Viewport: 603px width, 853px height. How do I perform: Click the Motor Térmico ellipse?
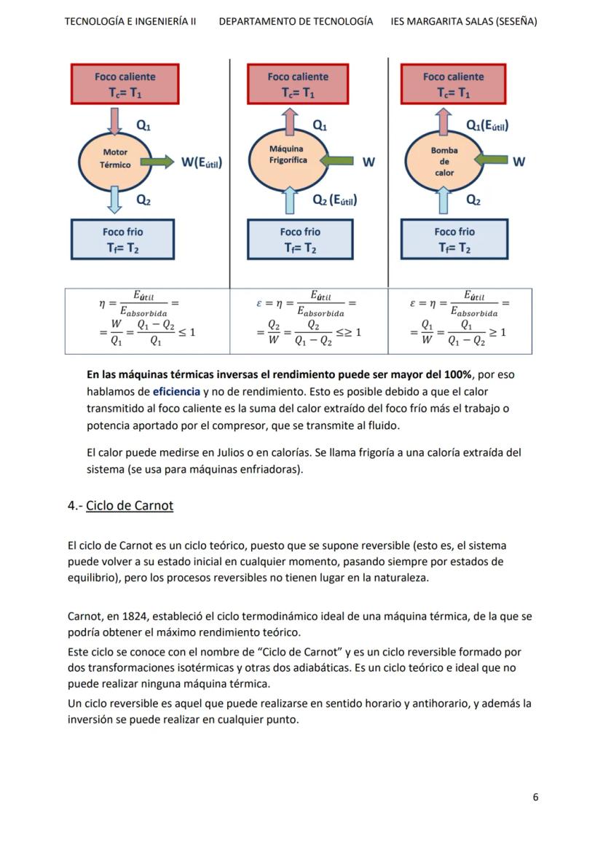click(115, 159)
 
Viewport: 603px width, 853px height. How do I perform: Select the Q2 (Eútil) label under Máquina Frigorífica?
click(334, 200)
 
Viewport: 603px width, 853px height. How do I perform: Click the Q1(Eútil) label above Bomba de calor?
click(486, 125)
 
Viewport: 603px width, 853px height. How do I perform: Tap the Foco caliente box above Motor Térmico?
click(125, 84)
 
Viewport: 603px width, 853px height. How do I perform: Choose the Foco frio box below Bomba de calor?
click(454, 239)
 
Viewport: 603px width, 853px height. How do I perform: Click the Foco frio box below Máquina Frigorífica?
click(300, 239)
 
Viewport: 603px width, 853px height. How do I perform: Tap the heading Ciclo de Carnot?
click(130, 506)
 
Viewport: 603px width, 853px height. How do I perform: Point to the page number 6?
click(535, 797)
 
